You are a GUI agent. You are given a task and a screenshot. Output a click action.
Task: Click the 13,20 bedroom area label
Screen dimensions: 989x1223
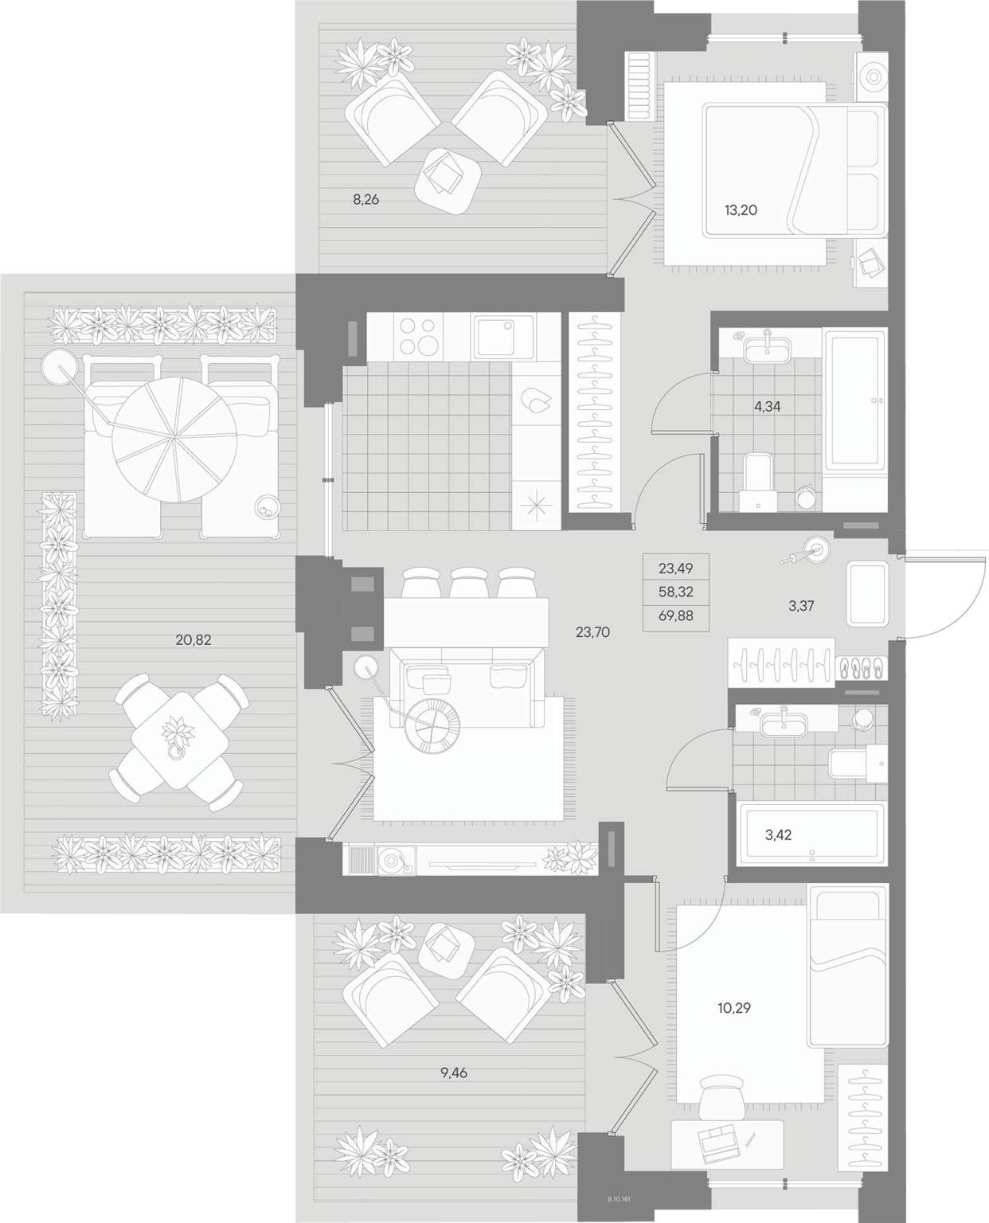[x=741, y=210]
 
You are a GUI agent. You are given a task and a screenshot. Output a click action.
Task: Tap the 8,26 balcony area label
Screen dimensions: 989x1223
[x=365, y=200]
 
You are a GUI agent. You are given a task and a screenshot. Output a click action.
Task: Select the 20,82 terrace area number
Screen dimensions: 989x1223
[x=193, y=639]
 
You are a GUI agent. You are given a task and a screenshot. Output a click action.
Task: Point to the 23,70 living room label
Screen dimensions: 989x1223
[x=592, y=633]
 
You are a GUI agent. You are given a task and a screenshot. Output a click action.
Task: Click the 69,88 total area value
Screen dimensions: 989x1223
[x=675, y=616]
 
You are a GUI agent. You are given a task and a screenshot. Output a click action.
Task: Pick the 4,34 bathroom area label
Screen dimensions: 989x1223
[x=767, y=407]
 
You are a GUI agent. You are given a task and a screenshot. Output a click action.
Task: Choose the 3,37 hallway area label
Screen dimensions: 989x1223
[x=800, y=606]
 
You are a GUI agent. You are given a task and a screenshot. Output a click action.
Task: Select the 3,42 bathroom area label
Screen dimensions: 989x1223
[x=778, y=835]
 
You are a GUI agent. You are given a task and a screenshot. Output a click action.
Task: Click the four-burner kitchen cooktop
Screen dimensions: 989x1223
[x=418, y=337]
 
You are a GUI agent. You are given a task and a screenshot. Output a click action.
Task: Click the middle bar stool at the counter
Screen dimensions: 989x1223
[x=469, y=582]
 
